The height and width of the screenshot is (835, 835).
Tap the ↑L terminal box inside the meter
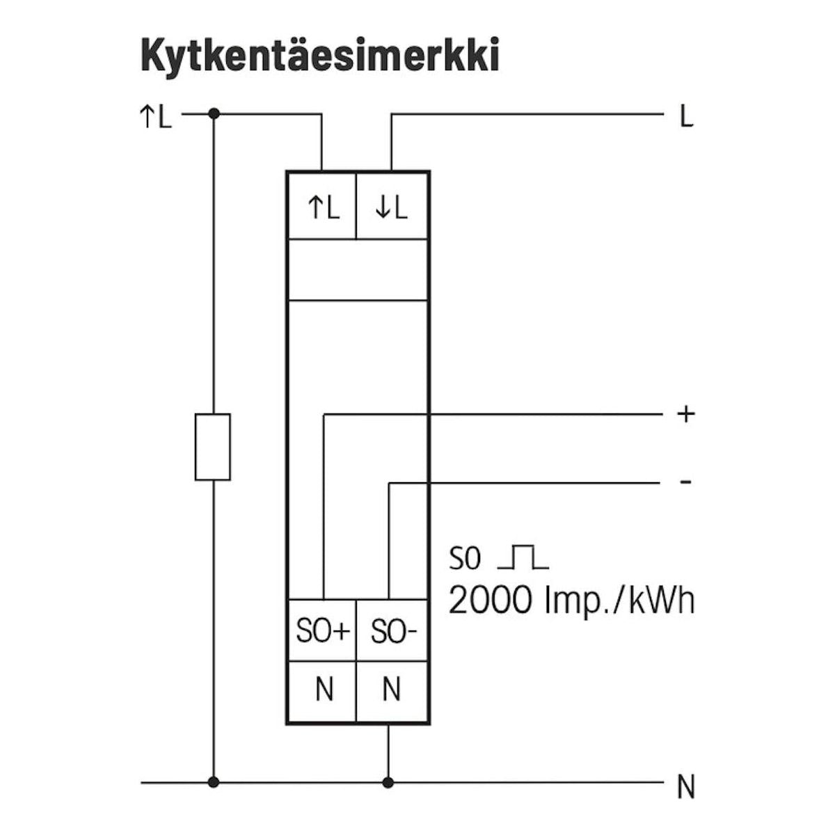tap(322, 207)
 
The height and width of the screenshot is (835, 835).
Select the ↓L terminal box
tap(392, 207)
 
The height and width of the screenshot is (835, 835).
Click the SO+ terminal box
tap(322, 631)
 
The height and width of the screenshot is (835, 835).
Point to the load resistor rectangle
tap(213, 447)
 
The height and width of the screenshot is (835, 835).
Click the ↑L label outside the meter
tap(155, 117)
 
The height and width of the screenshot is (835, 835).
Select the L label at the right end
tap(687, 117)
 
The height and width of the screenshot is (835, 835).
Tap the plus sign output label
tap(686, 414)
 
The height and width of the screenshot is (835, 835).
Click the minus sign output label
tap(686, 482)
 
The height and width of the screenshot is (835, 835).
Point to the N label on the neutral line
tap(686, 788)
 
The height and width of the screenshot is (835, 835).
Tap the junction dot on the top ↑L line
tap(214, 113)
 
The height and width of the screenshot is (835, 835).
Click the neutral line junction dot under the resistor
tap(214, 783)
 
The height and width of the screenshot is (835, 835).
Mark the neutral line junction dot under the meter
tap(388, 783)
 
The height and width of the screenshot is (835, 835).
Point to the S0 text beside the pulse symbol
tap(465, 557)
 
